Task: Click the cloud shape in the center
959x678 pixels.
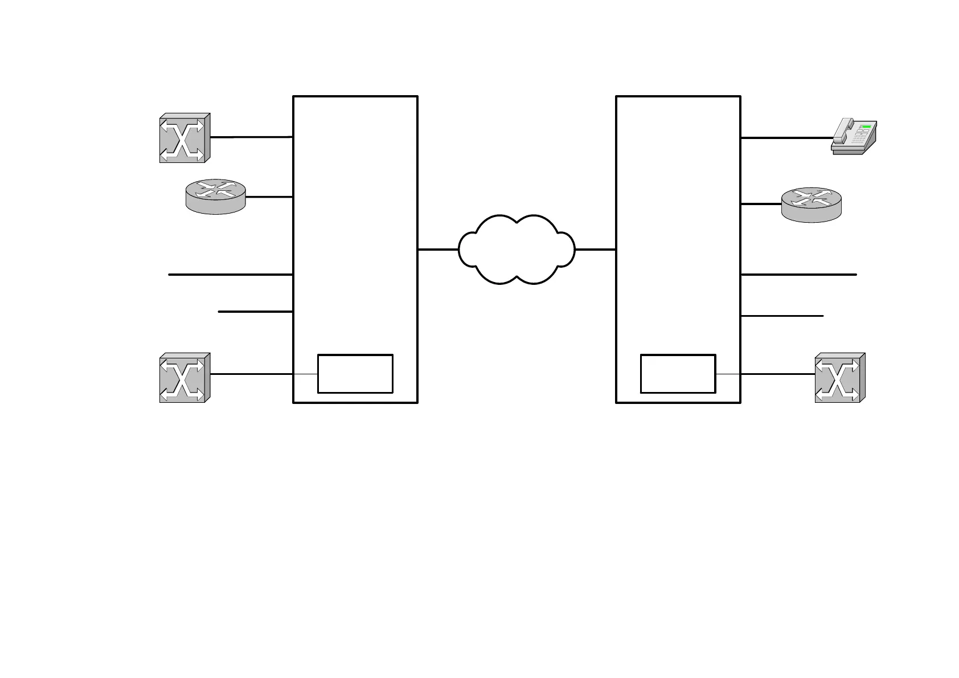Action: (x=517, y=250)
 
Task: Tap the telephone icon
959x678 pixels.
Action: (x=854, y=136)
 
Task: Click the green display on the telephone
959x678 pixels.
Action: (x=867, y=126)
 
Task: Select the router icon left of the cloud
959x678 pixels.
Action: (x=216, y=197)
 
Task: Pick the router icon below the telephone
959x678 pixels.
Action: (x=811, y=205)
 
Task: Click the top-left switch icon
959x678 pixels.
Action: (x=185, y=138)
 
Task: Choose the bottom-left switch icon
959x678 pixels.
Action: (x=185, y=378)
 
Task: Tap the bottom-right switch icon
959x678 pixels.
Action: (x=840, y=378)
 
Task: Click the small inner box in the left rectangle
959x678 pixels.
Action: (x=355, y=374)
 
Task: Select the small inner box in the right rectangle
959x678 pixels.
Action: (x=678, y=374)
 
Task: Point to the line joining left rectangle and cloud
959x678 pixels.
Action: (x=438, y=250)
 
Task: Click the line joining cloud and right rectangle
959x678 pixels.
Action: (x=596, y=250)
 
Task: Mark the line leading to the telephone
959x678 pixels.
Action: (x=786, y=138)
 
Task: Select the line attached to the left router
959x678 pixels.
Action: (x=269, y=197)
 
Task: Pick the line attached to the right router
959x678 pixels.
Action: (x=761, y=204)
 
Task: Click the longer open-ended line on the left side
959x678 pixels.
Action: (x=231, y=275)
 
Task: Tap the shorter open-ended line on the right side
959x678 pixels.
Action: (x=782, y=316)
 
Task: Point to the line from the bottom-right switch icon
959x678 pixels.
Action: (x=777, y=374)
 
